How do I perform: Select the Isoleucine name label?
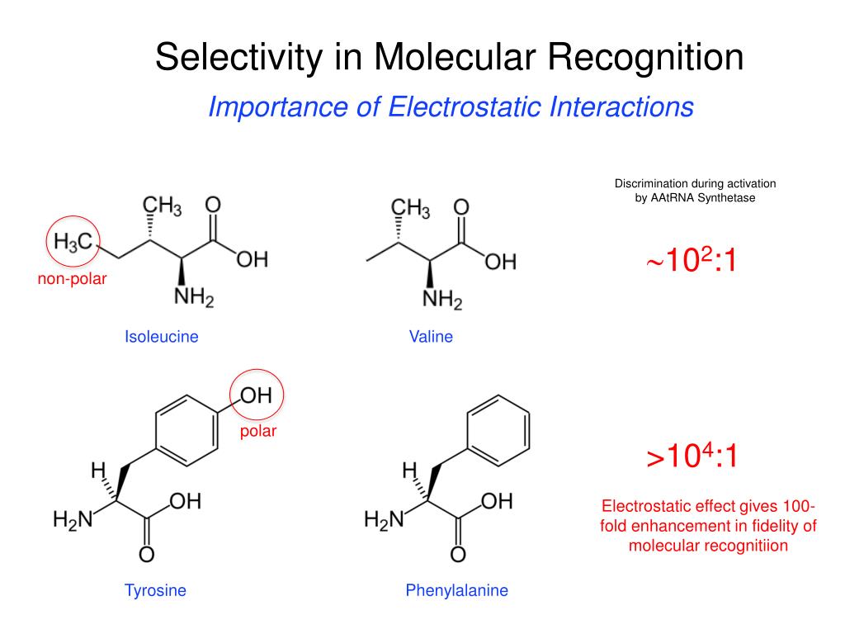162,337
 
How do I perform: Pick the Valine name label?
431,337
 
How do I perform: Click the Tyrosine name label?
155,590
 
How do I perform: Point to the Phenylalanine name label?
456,590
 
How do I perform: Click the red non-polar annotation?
72,279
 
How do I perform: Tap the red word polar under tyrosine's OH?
258,431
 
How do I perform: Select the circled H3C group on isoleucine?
72,242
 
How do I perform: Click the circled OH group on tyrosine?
257,396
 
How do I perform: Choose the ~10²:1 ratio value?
691,262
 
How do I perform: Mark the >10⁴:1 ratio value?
692,456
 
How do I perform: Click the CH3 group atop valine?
410,210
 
